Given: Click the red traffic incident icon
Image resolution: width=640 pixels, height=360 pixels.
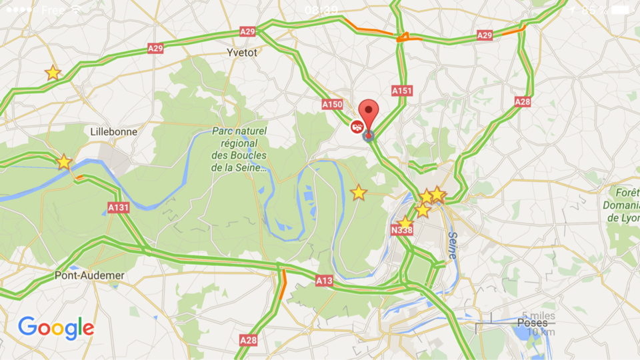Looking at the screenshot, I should (357, 127).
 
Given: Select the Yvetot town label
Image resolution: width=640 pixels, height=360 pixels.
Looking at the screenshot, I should (241, 53).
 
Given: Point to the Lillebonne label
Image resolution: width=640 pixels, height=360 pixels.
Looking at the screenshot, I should (114, 132).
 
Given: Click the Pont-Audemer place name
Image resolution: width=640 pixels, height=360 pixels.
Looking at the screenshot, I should (89, 275).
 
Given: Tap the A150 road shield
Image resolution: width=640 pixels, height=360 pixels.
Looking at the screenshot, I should (331, 105).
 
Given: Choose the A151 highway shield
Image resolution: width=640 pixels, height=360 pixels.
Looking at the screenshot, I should (402, 90).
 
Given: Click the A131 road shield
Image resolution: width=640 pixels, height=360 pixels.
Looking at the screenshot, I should (118, 208).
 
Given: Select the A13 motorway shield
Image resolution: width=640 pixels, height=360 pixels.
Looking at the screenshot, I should (324, 281).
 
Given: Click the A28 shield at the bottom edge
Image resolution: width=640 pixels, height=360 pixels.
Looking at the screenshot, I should (247, 340).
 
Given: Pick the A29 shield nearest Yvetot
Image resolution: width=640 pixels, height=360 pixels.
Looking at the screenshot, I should (247, 32).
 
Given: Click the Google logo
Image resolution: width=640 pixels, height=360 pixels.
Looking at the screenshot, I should (56, 328).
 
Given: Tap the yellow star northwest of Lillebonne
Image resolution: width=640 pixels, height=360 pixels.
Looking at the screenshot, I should (53, 73).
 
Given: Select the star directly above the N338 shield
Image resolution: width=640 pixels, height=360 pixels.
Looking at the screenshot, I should (405, 223).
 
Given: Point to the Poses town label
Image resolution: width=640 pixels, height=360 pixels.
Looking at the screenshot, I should (531, 323).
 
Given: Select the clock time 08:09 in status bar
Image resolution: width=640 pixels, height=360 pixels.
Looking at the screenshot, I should (321, 10).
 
